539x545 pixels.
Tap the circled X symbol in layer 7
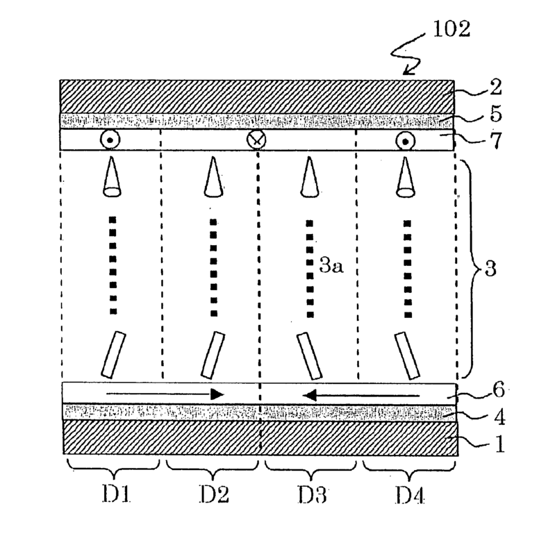pos(256,140)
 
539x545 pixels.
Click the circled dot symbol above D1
pos(110,140)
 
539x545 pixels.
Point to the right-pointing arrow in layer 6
pos(160,394)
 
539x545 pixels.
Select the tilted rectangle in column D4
pos(403,354)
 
